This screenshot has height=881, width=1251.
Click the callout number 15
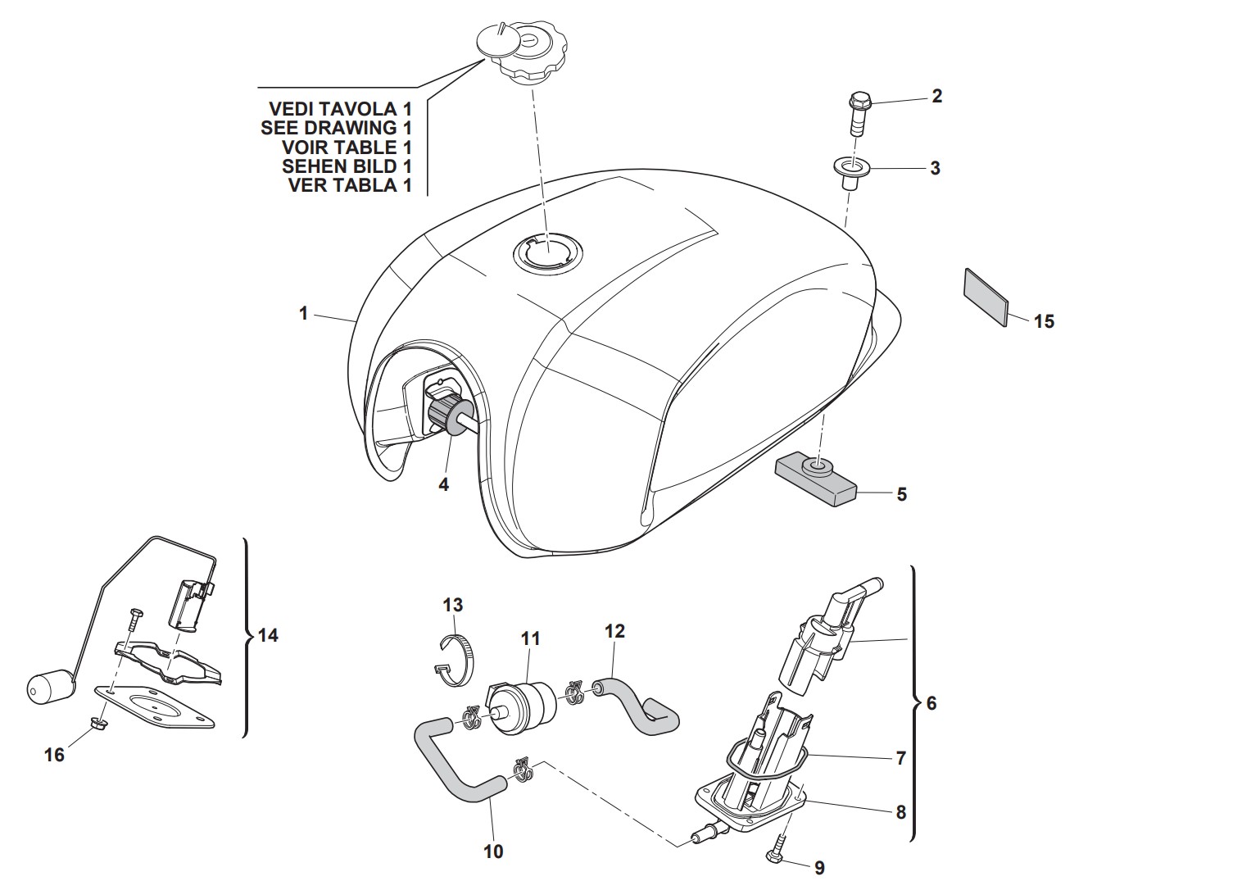(x=1044, y=321)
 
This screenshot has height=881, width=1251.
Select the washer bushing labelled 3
(x=850, y=171)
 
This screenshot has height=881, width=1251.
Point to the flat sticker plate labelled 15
(x=986, y=297)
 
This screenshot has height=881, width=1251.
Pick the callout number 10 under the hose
(x=493, y=851)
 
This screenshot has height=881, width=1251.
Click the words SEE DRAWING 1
(x=336, y=128)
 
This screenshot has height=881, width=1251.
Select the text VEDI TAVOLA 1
(x=340, y=108)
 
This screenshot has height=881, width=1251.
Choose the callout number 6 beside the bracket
(x=931, y=703)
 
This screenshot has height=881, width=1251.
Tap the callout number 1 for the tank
(x=303, y=313)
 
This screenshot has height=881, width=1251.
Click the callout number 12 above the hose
(x=614, y=631)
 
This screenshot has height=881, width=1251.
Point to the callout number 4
(x=443, y=484)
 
